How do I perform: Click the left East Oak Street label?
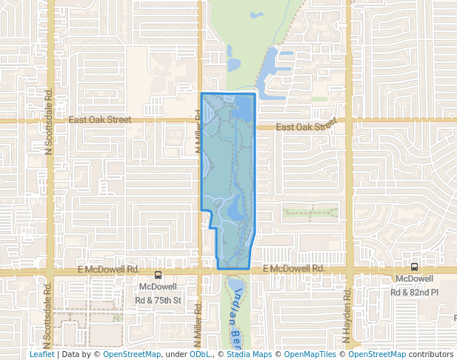(x=99, y=119)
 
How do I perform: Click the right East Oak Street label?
(x=306, y=127)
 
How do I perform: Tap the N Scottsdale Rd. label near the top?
(x=49, y=122)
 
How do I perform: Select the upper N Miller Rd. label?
(x=199, y=132)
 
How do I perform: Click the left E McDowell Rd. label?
(x=109, y=270)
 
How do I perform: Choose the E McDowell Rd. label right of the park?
(x=293, y=268)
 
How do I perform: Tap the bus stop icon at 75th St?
(x=158, y=275)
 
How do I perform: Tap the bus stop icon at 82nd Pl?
(x=414, y=267)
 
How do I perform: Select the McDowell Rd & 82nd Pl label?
(x=415, y=285)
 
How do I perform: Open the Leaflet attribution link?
(x=42, y=354)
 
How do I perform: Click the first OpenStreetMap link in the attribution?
(x=131, y=354)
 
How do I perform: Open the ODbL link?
(x=200, y=354)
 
